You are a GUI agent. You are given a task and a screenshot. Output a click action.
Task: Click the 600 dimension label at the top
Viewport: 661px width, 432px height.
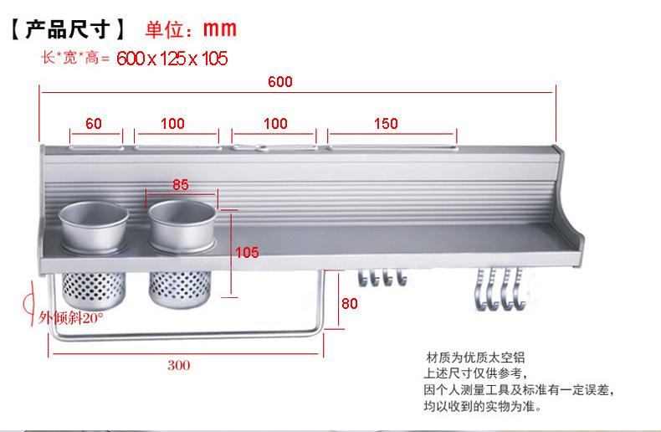pos(280,81)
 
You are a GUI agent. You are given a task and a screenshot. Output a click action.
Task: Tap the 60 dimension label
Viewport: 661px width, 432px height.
pos(93,123)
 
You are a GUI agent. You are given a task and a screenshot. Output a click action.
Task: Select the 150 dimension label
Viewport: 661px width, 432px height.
pos(386,123)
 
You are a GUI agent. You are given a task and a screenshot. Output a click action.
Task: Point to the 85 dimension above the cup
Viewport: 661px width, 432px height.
pos(181,184)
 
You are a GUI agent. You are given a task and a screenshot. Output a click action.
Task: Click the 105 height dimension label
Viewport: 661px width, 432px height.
pos(247,252)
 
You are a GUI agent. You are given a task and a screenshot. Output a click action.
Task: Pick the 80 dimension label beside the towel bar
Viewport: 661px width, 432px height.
pos(350,303)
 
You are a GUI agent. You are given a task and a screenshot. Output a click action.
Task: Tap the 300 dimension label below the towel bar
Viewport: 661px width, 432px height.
pos(179,365)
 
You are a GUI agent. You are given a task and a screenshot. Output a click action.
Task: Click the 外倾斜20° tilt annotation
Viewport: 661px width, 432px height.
pos(71,317)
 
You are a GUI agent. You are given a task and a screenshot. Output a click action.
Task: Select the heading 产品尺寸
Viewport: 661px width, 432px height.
pos(68,29)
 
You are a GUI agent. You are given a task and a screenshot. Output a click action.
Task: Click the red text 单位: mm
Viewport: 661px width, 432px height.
pos(191,29)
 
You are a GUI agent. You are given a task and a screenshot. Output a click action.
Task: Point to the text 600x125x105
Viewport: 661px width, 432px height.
pos(172,59)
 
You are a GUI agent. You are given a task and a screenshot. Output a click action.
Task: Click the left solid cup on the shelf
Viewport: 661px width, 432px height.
pos(94,228)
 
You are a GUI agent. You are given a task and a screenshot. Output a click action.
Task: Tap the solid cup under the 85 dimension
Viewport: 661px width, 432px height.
pos(182,227)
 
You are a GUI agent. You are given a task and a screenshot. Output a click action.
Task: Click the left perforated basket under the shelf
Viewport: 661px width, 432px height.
pos(94,291)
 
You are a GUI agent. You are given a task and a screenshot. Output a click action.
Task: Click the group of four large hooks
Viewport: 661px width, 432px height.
pos(500,290)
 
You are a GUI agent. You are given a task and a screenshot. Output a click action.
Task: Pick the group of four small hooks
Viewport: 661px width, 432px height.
pos(382,278)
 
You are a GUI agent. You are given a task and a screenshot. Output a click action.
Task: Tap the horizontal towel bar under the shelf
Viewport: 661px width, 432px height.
pos(186,337)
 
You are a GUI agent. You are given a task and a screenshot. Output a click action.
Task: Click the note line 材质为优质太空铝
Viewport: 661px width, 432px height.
pos(475,357)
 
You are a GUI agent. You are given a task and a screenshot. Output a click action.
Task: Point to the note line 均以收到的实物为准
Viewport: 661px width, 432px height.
pos(483,406)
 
